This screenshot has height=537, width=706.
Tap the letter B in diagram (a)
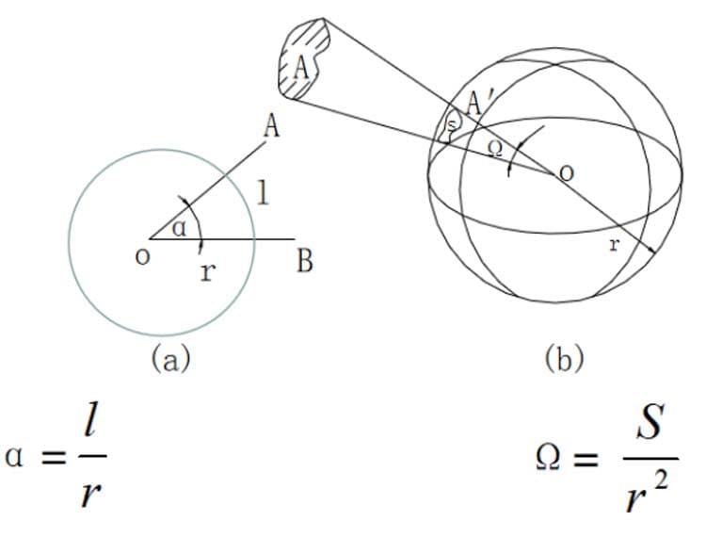[x=305, y=261]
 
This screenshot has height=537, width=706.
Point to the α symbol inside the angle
[x=179, y=228]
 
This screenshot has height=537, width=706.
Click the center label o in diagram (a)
[x=142, y=257]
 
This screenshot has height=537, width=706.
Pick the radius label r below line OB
[x=207, y=271]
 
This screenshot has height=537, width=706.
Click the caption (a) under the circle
[x=170, y=358]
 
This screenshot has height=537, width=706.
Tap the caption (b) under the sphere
[x=564, y=358]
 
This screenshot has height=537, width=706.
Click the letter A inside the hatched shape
[x=301, y=70]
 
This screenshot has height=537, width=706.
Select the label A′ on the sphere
[x=474, y=104]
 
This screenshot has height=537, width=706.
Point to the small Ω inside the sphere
[x=495, y=150]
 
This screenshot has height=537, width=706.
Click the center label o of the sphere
[x=566, y=172]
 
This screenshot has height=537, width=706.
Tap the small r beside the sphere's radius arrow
[x=614, y=245]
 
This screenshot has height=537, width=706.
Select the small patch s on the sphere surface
[x=452, y=124]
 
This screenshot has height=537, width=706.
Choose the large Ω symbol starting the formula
[x=549, y=458]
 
